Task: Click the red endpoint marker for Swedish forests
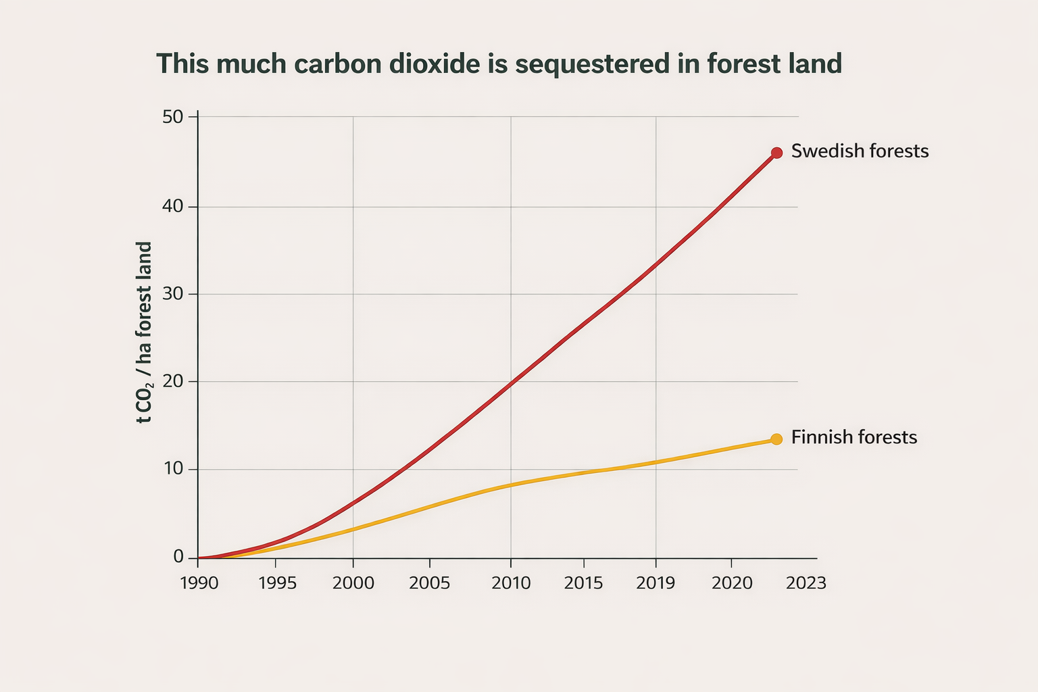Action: tap(776, 153)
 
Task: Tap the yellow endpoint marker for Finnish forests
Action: tap(776, 439)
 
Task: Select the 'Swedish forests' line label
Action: tap(860, 151)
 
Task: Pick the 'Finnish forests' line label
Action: tap(854, 437)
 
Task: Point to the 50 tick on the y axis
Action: tap(173, 116)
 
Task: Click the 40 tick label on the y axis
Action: tap(173, 206)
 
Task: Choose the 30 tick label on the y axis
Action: tap(173, 294)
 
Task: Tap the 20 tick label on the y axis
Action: tap(173, 381)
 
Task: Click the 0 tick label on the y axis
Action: tap(178, 557)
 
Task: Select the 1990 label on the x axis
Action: tap(199, 583)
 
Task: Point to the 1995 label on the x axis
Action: tap(277, 583)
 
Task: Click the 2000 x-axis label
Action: tap(353, 583)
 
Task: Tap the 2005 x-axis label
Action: tap(429, 583)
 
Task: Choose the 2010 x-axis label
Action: tap(511, 583)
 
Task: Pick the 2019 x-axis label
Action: tap(656, 583)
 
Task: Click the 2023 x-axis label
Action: tap(806, 583)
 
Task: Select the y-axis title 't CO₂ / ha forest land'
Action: tap(144, 332)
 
